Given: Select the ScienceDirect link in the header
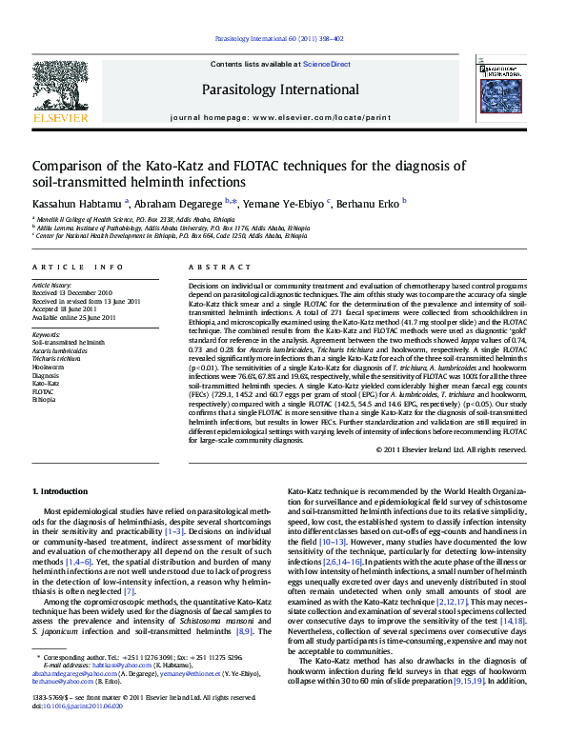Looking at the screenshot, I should [x=327, y=65].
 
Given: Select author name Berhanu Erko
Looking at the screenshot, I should [x=369, y=203].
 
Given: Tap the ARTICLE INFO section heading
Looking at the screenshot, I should [x=78, y=268].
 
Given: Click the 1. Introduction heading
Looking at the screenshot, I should [x=60, y=491].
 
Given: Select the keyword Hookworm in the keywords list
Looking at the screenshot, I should [x=49, y=367].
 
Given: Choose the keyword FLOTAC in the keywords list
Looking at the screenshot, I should [x=44, y=391].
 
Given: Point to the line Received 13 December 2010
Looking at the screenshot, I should [x=72, y=293].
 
